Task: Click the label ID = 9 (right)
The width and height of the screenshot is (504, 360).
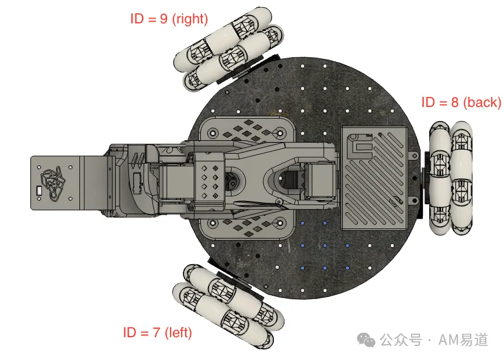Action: tap(169, 19)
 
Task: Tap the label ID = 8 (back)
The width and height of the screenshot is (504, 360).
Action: tap(461, 102)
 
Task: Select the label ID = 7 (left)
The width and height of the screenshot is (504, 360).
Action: tap(158, 333)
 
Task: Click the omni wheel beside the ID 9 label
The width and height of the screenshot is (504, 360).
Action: tap(228, 49)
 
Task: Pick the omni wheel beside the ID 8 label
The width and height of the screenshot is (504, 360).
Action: tap(451, 178)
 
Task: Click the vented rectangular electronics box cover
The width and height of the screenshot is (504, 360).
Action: tap(374, 178)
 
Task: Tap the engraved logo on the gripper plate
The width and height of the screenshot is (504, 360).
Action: tap(53, 183)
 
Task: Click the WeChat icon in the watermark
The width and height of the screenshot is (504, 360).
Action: tap(366, 340)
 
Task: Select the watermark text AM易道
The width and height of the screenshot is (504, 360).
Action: tap(463, 340)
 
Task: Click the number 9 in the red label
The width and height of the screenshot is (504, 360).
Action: tap(164, 19)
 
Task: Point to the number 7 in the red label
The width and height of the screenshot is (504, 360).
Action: tap(156, 333)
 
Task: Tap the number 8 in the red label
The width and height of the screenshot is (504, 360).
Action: tap(454, 102)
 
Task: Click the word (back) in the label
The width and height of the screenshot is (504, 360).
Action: tap(482, 103)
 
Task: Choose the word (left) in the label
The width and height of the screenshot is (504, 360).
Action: tap(178, 333)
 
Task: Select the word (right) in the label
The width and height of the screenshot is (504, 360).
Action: tap(190, 19)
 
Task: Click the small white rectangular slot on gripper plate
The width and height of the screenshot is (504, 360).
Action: tap(40, 191)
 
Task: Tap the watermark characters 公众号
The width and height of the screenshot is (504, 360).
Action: tap(401, 340)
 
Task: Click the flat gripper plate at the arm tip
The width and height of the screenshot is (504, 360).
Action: tap(56, 183)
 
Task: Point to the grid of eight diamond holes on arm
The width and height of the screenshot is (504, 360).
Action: tap(210, 182)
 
